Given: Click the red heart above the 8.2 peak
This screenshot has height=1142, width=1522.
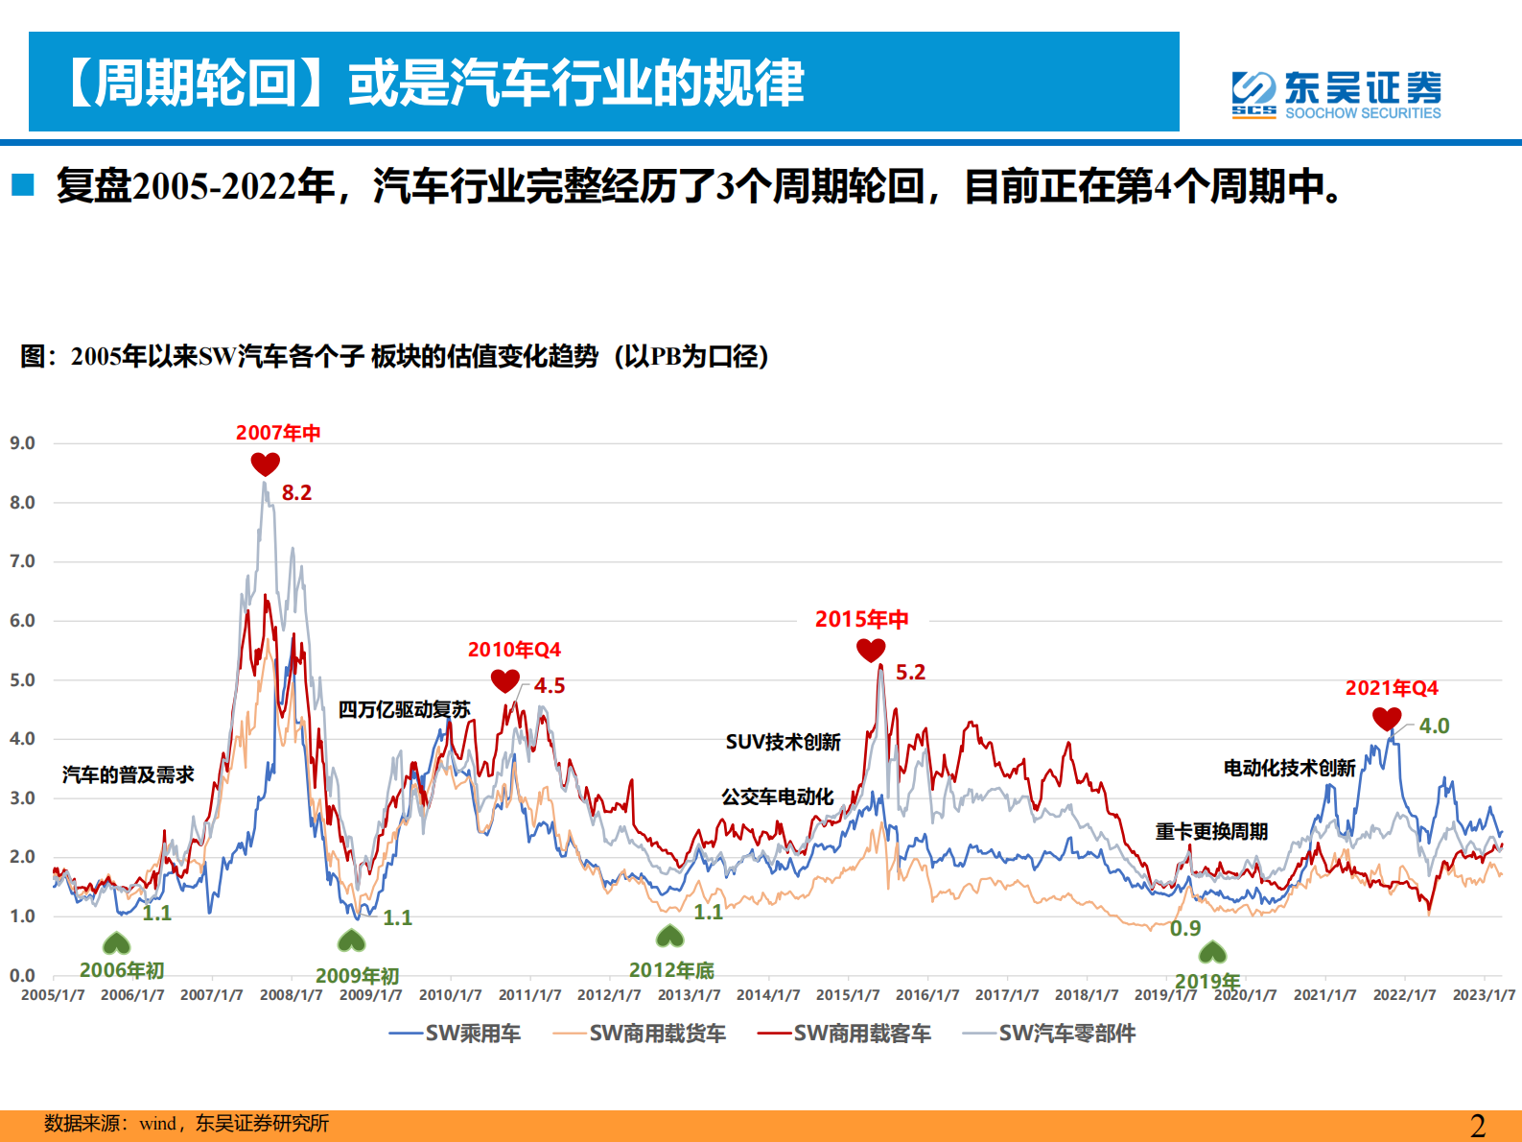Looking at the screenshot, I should point(265,464).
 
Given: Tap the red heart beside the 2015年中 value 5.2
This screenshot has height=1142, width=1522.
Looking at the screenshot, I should point(871,651).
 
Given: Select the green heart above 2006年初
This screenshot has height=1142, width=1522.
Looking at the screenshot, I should point(116,943).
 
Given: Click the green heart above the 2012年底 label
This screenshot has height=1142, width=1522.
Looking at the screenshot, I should point(669,936).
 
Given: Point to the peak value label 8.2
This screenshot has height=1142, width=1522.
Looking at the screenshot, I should point(296,493).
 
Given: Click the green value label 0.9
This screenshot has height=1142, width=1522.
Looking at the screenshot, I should point(1185,929).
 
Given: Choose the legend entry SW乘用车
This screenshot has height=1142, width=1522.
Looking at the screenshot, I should point(456,1034).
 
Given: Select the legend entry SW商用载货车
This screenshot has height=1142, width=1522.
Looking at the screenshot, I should point(640,1034).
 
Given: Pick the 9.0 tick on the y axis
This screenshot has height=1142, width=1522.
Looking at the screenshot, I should point(22,443).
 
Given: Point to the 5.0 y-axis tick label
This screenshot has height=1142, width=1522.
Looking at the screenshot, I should point(22,680).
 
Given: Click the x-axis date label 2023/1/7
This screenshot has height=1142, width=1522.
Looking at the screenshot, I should point(1484,995).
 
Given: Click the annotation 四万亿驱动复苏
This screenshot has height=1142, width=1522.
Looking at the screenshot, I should point(404,710).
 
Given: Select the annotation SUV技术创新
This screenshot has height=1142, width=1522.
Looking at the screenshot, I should point(783,742).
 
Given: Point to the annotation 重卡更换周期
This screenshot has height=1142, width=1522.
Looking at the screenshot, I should point(1211,831).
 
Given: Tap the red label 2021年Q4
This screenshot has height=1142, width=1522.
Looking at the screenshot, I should point(1392,688).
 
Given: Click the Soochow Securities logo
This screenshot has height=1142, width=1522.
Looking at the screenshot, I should point(1336,94).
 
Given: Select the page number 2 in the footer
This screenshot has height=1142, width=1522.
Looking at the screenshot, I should point(1478,1125).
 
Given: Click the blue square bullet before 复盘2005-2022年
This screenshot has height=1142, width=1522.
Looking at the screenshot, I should point(23,185).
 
